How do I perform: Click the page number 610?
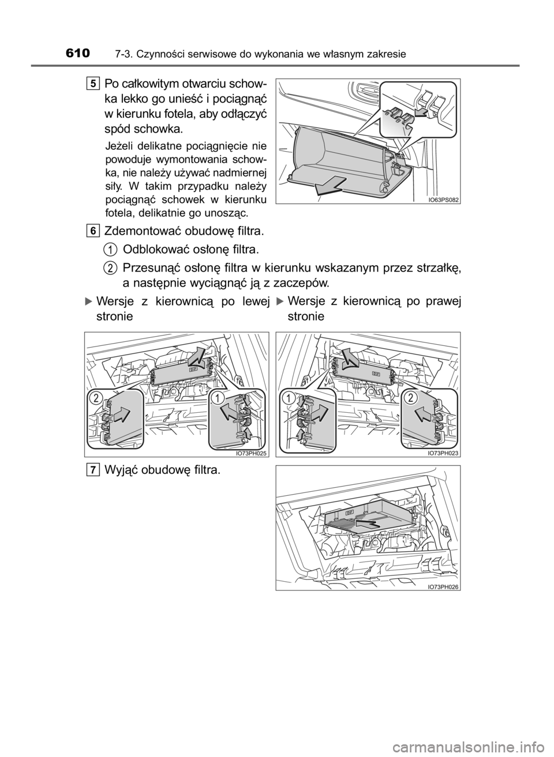[77, 53]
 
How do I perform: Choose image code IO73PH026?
[443, 587]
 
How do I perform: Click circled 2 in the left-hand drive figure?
[97, 398]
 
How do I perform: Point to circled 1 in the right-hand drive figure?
[289, 398]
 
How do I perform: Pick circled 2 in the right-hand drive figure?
[411, 398]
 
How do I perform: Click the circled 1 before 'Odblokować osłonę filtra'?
[110, 250]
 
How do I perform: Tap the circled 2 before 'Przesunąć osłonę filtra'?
[110, 268]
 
